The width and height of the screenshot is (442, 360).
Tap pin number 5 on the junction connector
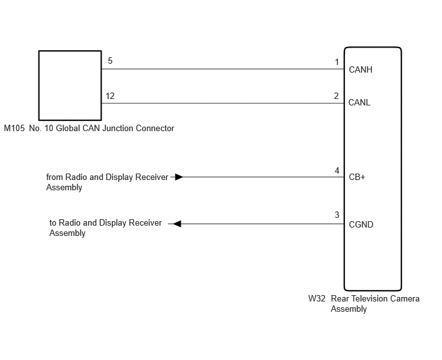pyautogui.click(x=110, y=60)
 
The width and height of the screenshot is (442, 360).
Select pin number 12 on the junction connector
pyautogui.click(x=110, y=96)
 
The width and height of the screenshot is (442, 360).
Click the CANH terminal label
pyautogui.click(x=360, y=69)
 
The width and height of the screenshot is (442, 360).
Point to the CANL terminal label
pyautogui.click(x=359, y=102)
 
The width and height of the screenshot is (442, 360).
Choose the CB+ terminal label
pyautogui.click(x=357, y=177)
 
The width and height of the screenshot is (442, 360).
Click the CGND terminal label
pyautogui.click(x=361, y=224)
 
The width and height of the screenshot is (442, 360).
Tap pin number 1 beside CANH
pyautogui.click(x=337, y=62)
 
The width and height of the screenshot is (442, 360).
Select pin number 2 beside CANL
pyautogui.click(x=336, y=96)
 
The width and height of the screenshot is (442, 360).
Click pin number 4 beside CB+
pyautogui.click(x=337, y=171)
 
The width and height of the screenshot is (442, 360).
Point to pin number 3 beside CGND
pyautogui.click(x=337, y=215)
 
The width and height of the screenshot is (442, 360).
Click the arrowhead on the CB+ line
pyautogui.click(x=179, y=177)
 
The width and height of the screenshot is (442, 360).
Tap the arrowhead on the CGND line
pyautogui.click(x=177, y=224)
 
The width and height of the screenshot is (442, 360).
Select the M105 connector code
pyautogui.click(x=14, y=129)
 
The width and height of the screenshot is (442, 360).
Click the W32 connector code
pyautogui.click(x=317, y=298)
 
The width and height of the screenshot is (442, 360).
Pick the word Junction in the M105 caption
pyautogui.click(x=118, y=129)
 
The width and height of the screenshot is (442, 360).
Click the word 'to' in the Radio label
pyautogui.click(x=53, y=223)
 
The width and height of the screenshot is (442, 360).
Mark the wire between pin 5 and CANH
pyautogui.click(x=223, y=69)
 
